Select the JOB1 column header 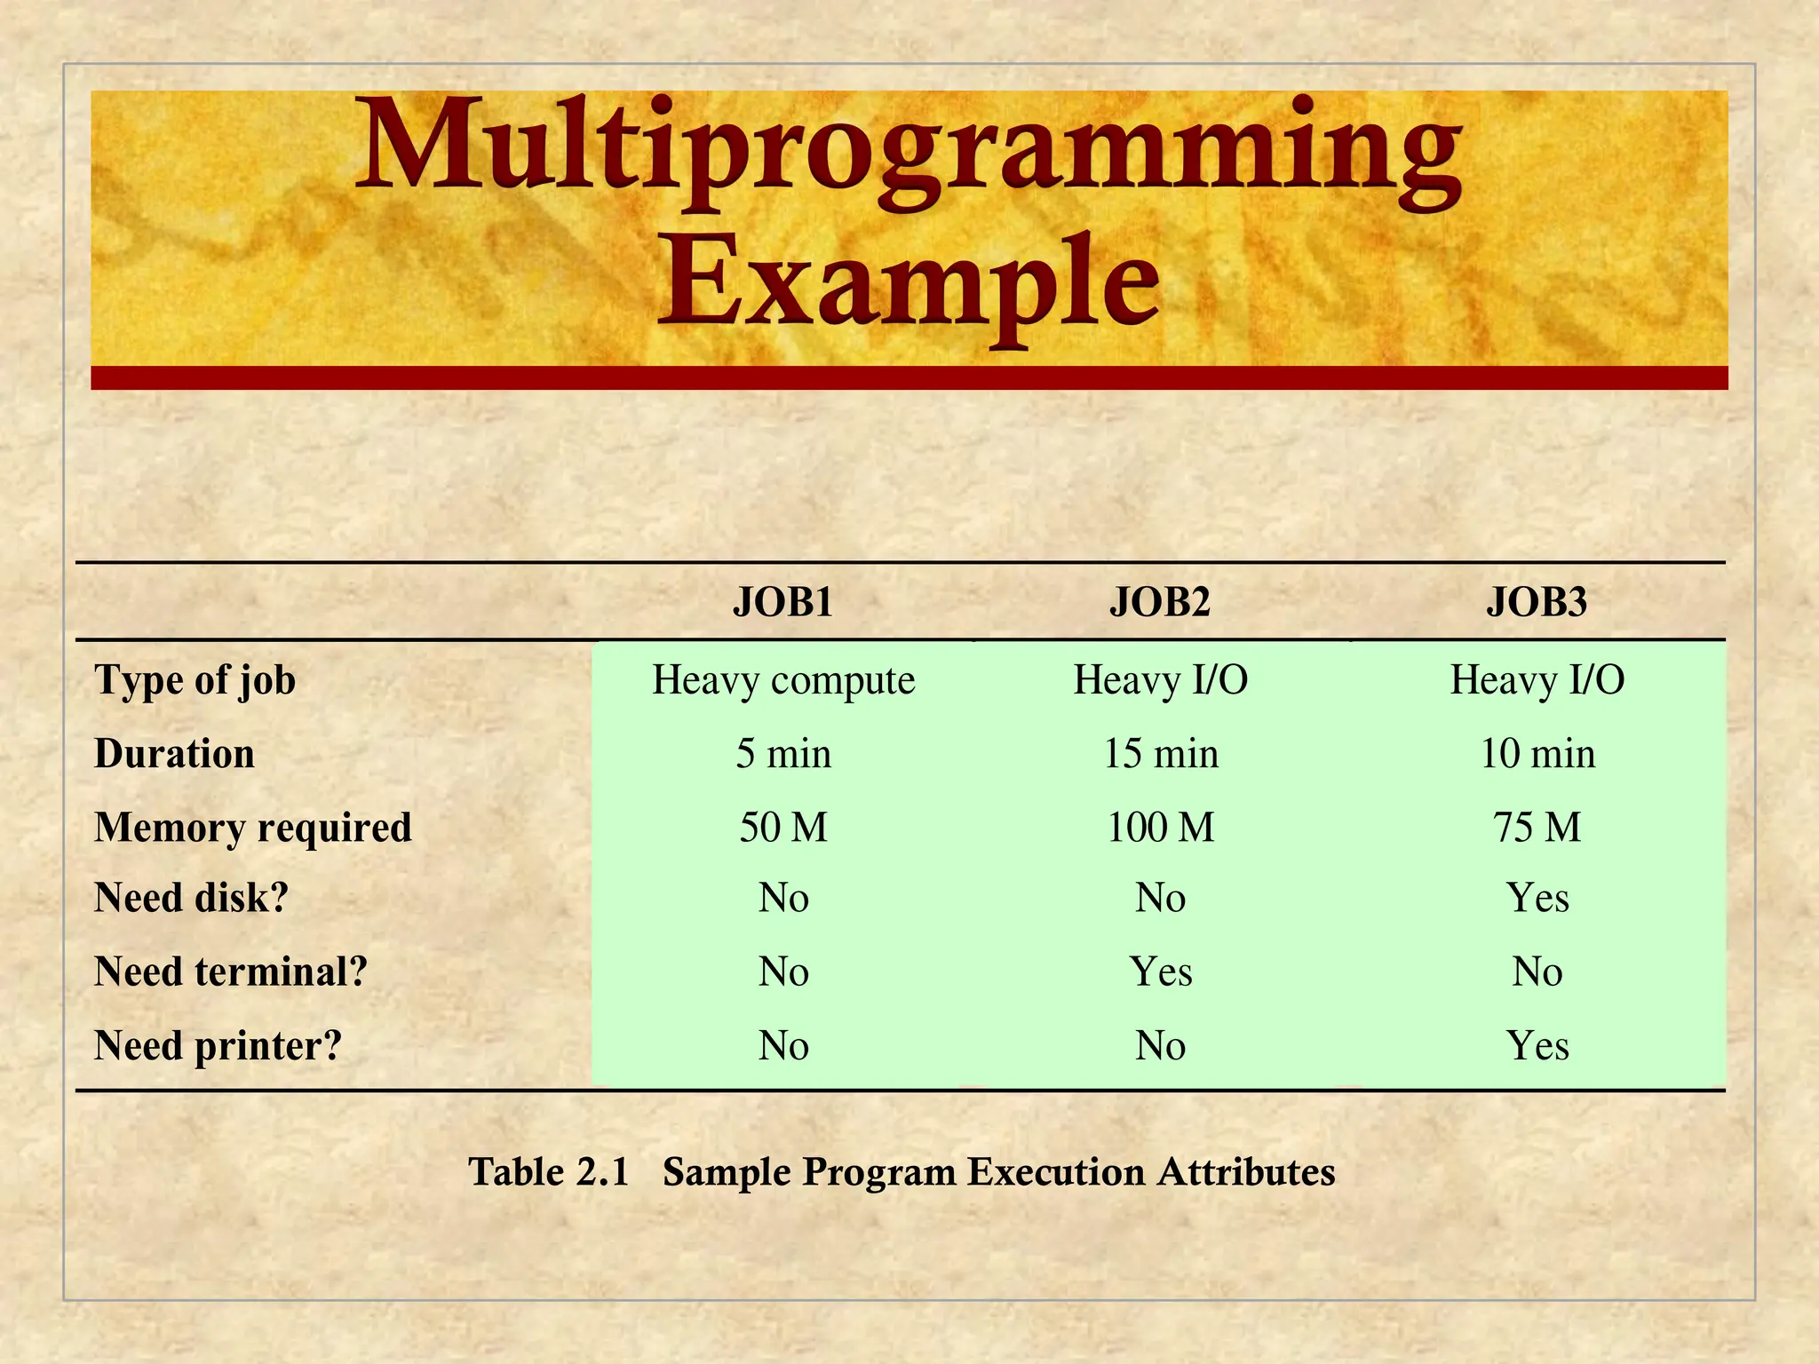tap(783, 602)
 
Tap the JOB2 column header tap(1160, 602)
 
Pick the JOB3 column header tap(1537, 602)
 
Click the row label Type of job tap(195, 680)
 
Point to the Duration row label tap(175, 754)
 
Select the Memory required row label tap(253, 828)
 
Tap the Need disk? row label tap(192, 898)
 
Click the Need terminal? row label tap(231, 971)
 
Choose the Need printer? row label tap(218, 1046)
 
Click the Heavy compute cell tap(783, 680)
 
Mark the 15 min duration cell tap(1160, 754)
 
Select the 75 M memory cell tap(1537, 828)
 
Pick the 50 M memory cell tap(783, 828)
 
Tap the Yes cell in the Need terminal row tap(1160, 971)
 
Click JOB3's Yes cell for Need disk tap(1537, 898)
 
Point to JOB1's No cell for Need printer tap(783, 1046)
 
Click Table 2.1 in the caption tap(549, 1172)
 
